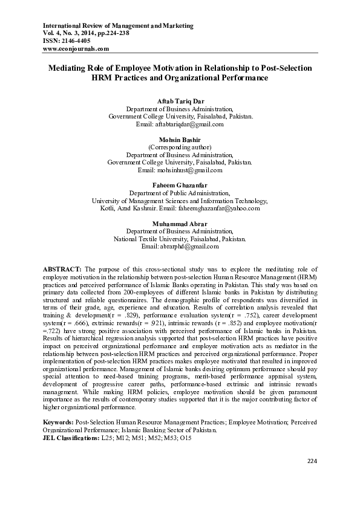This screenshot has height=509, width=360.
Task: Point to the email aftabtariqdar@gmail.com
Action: tap(189, 125)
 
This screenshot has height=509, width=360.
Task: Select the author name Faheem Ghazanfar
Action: tap(180, 185)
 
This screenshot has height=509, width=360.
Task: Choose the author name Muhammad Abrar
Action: tap(180, 224)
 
